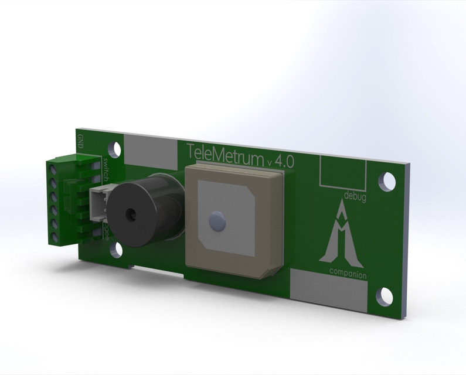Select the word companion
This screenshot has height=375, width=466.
[x=348, y=274]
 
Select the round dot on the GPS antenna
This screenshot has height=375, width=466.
[x=217, y=221]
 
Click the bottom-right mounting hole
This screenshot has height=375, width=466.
[x=385, y=296]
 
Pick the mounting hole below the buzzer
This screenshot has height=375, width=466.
[x=117, y=250]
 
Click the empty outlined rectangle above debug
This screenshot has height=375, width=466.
[x=342, y=171]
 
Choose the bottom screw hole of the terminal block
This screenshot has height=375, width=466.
[x=56, y=237]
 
